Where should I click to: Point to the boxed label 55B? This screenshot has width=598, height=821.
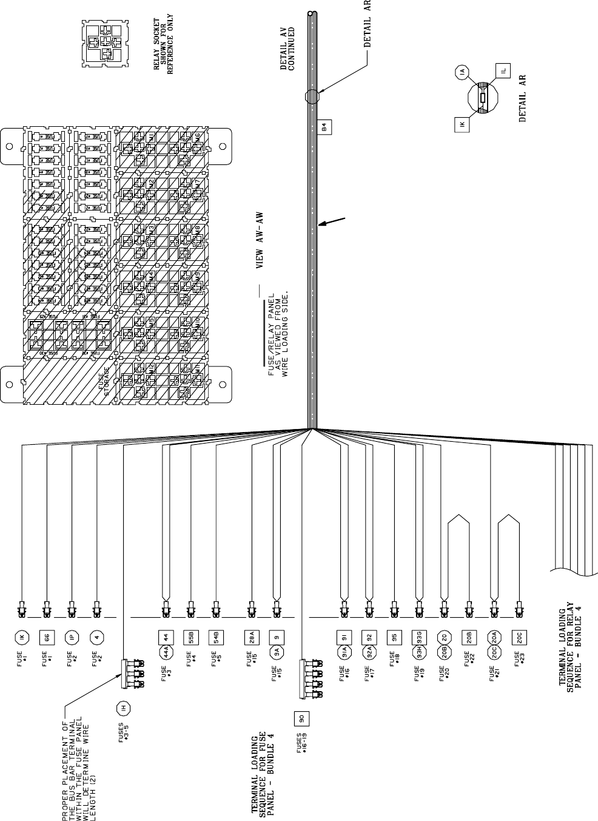(x=189, y=637)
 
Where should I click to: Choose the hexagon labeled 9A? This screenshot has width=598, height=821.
(x=277, y=653)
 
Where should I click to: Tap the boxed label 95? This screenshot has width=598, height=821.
(x=394, y=637)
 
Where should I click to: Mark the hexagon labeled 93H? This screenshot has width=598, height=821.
(x=418, y=653)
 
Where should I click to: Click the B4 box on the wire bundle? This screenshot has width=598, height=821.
(x=324, y=127)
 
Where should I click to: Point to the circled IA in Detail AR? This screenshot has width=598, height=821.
(x=463, y=73)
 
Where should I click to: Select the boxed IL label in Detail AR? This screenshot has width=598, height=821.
(x=503, y=71)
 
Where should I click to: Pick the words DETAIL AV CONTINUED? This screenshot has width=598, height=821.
(x=287, y=49)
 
